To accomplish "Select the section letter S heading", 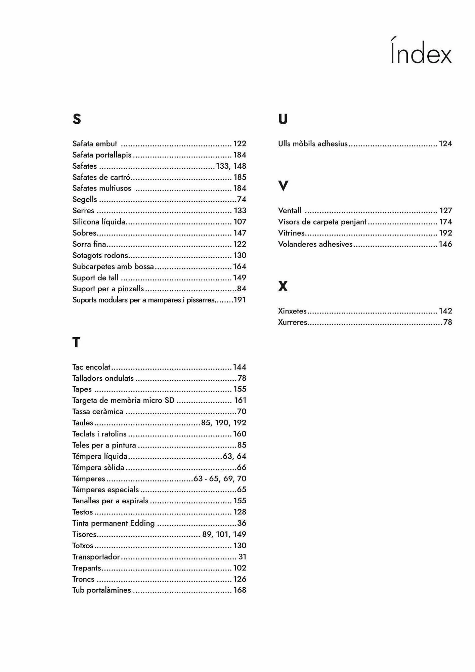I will click(77, 119).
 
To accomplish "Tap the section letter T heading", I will click(76, 343).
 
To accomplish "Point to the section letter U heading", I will click(283, 119).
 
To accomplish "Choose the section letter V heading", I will click(283, 186).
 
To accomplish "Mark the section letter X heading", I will click(283, 286).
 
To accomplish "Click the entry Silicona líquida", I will click(99, 222).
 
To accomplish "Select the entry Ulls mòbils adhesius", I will click(313, 144).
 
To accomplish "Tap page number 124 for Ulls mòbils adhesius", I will click(445, 144).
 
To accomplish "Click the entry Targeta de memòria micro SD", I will click(123, 401).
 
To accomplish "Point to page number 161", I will click(240, 401).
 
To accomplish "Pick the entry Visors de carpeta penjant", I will click(322, 222).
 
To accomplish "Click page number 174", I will click(446, 222).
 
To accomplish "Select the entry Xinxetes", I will click(292, 311).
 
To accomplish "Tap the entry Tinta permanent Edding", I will click(114, 523).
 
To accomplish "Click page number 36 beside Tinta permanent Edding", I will click(242, 523).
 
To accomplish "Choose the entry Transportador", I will click(96, 557).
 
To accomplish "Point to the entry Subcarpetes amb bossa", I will click(113, 266).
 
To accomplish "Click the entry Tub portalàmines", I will click(101, 590).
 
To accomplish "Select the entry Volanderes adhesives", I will click(315, 244).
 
